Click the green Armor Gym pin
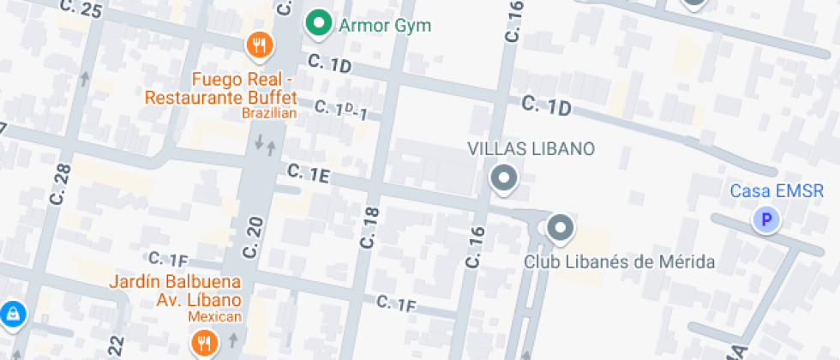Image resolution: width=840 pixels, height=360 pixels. [x=319, y=23]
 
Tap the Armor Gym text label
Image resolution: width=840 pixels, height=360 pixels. [x=385, y=25]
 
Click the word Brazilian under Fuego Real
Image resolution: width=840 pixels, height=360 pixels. [x=268, y=113]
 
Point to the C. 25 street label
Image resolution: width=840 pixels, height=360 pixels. [x=82, y=10]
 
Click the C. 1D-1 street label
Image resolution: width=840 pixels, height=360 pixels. [x=340, y=110]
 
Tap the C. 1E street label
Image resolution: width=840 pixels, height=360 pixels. [x=309, y=173]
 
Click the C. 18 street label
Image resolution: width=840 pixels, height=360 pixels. [x=370, y=227]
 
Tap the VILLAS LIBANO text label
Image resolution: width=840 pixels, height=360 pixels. [x=531, y=148]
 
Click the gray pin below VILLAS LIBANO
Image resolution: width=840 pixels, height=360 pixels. [x=503, y=178]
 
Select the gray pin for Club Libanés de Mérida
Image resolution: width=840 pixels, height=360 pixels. [x=561, y=228]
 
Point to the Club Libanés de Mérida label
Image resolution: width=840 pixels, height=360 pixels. [x=619, y=261]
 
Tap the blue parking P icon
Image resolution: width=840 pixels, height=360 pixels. [x=765, y=221]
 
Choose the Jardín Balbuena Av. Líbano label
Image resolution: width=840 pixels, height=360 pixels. [x=175, y=291]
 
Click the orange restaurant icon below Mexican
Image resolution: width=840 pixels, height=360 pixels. [x=204, y=344]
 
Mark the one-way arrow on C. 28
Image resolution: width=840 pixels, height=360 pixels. [x=84, y=79]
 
